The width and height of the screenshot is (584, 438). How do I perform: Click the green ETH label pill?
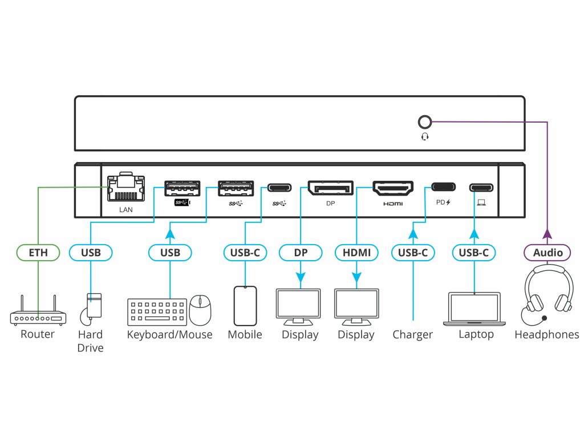click(x=37, y=252)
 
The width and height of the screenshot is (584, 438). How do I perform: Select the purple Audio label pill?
click(x=547, y=252)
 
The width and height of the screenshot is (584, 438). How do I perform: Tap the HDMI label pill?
click(x=356, y=252)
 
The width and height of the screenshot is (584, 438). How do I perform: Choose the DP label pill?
click(x=300, y=252)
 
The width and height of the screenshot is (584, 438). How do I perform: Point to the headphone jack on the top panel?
click(x=424, y=122)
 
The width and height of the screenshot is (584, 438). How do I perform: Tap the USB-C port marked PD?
click(x=444, y=187)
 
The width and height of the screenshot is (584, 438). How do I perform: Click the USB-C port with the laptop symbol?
click(x=481, y=187)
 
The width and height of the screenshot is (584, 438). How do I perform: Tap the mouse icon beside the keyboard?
click(x=200, y=310)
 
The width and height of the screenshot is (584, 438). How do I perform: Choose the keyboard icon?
click(x=157, y=312)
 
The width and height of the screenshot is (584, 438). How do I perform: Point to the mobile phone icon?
click(x=245, y=306)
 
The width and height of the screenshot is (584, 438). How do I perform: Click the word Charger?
click(x=412, y=335)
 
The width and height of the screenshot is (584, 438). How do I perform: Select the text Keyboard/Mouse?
click(x=169, y=335)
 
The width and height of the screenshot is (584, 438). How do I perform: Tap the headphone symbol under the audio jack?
click(x=424, y=137)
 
